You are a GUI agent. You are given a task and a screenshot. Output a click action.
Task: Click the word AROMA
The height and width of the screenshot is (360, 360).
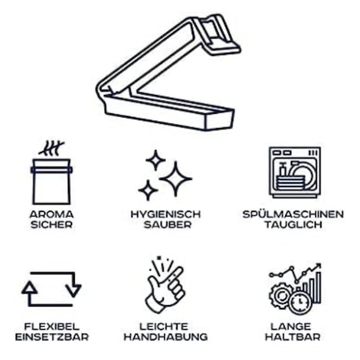click(x=51, y=215)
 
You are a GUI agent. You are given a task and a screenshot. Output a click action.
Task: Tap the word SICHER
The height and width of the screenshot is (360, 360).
click(x=52, y=225)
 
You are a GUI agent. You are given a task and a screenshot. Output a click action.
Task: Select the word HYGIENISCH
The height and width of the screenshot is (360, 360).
click(x=166, y=215)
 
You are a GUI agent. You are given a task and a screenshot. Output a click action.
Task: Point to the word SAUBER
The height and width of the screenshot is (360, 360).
click(x=168, y=225)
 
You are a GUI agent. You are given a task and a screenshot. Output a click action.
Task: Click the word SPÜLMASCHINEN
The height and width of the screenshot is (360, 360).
click(x=293, y=214)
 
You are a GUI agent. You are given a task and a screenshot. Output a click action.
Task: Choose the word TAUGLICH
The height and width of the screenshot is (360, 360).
click(x=293, y=225)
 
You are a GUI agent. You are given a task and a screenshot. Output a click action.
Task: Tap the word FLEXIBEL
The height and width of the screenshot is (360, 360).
click(x=52, y=327)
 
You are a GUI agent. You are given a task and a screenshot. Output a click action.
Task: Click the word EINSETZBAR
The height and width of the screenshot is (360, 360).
click(x=52, y=337)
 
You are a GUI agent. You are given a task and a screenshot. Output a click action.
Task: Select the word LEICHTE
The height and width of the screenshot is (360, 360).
click(x=164, y=327)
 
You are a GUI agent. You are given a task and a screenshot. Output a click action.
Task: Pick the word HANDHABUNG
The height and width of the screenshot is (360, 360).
click(x=166, y=337)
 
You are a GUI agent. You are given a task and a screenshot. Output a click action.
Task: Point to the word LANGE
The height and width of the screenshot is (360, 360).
click(x=291, y=327)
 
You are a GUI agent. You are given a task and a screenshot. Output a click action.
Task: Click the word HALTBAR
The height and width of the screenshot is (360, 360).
click(x=293, y=337)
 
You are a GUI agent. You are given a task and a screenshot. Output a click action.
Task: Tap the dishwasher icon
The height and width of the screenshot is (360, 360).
click(x=294, y=172)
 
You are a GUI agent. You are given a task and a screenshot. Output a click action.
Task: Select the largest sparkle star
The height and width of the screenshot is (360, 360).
click(x=176, y=179)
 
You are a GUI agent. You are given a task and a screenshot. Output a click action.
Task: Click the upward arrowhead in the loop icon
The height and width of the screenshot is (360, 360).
click(x=30, y=287)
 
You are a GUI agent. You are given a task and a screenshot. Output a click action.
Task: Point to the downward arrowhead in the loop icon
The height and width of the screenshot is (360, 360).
click(x=73, y=291)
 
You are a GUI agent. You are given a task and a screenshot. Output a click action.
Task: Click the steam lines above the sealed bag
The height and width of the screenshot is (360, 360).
click(x=51, y=148)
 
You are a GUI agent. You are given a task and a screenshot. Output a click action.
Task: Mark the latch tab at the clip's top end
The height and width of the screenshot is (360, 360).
click(x=217, y=34)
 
